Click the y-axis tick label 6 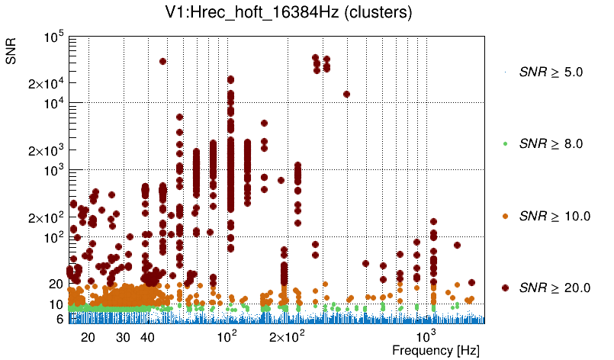pos(59,320)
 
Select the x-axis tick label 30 pos(123,337)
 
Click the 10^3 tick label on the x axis pos(426,336)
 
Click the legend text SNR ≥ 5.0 pos(550,73)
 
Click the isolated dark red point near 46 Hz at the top pos(162,61)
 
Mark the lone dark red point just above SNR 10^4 pos(346,95)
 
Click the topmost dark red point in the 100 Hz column pos(230,79)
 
